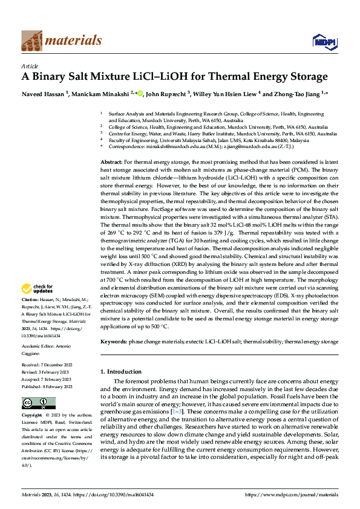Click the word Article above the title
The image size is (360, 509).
29,66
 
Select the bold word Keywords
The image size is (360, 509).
113,342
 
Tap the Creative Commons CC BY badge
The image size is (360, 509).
38,403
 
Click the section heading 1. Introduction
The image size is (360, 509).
120,371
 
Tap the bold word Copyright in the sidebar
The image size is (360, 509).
32,416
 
